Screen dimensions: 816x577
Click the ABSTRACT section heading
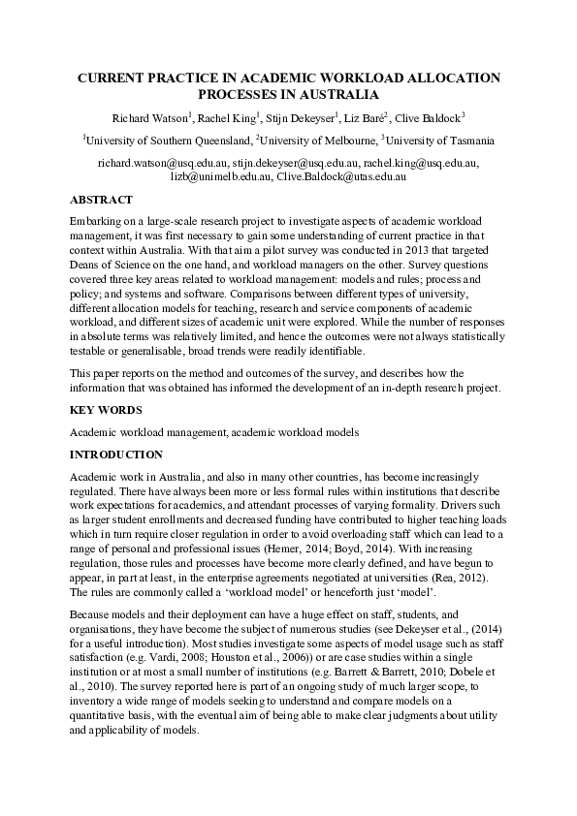101,200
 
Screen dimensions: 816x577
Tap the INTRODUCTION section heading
116,455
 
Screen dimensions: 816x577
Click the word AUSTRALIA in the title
335,94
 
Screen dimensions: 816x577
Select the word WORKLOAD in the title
323,77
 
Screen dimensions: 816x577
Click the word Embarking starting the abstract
96,222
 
